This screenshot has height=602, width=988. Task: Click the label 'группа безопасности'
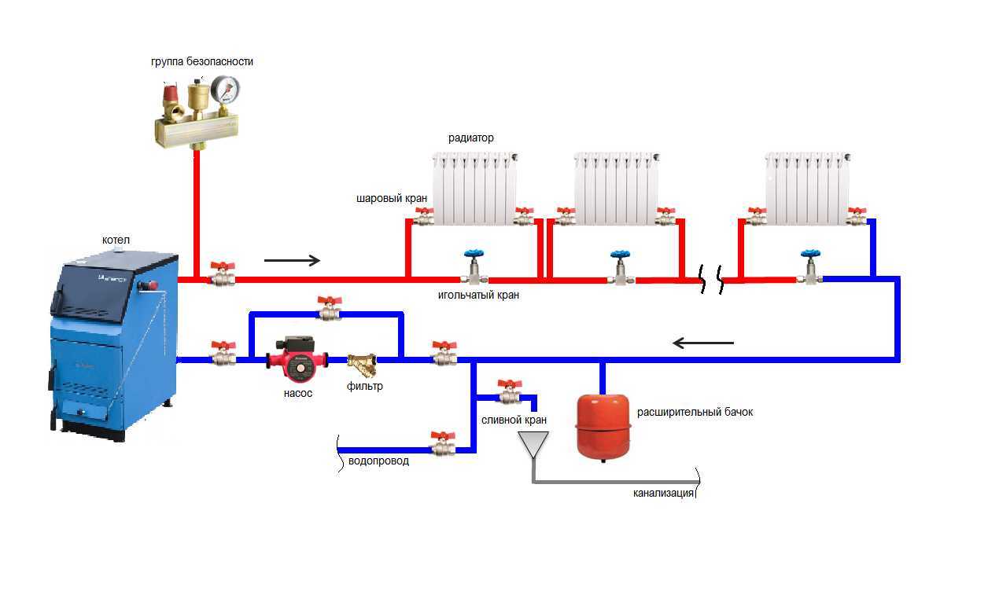point(202,61)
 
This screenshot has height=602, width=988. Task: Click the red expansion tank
point(603,425)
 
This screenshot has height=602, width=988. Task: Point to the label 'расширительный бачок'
point(695,412)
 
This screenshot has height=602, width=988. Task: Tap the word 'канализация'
point(663,494)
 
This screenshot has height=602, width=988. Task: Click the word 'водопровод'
point(378,461)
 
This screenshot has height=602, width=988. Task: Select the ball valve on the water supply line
point(443,445)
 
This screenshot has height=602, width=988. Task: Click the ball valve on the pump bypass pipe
point(328,309)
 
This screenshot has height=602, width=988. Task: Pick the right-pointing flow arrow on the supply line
point(293,260)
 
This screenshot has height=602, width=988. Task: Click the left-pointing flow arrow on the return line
point(704,343)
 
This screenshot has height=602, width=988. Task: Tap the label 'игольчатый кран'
point(478,295)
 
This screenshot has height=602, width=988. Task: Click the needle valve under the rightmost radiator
point(809,270)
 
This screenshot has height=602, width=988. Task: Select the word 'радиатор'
point(471,138)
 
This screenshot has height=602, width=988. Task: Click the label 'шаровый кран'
point(392,199)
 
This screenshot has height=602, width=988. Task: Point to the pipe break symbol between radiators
point(713,278)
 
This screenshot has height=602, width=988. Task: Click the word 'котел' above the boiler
point(116,240)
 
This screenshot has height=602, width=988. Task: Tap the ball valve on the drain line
point(510,391)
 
